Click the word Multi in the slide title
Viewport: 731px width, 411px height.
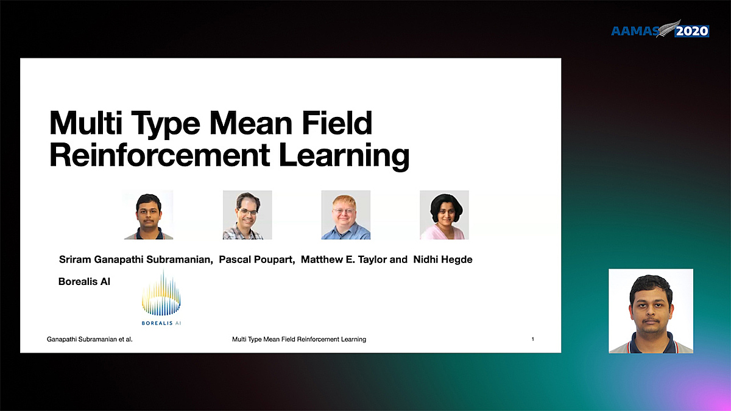coord(86,122)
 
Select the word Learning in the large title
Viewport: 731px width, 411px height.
coord(344,156)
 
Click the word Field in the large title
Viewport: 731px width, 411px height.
coord(337,122)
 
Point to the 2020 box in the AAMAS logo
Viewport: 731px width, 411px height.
coord(692,31)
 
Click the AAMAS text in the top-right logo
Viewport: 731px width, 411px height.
coord(635,31)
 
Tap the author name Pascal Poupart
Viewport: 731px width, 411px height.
coord(257,259)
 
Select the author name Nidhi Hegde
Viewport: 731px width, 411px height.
coord(443,259)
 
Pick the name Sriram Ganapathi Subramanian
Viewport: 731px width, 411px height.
coord(136,259)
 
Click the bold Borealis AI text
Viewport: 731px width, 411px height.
coord(84,281)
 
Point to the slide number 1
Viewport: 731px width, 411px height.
coord(533,339)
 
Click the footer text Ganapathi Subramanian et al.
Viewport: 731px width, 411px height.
coord(90,339)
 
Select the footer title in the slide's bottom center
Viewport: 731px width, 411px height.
coord(299,339)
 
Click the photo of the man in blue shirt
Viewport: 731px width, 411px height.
coord(346,215)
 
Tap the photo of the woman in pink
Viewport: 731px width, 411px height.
coord(445,215)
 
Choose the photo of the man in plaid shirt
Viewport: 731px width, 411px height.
coord(247,215)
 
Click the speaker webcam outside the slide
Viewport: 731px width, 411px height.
coord(651,311)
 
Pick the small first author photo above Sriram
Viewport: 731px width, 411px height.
coord(149,215)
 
